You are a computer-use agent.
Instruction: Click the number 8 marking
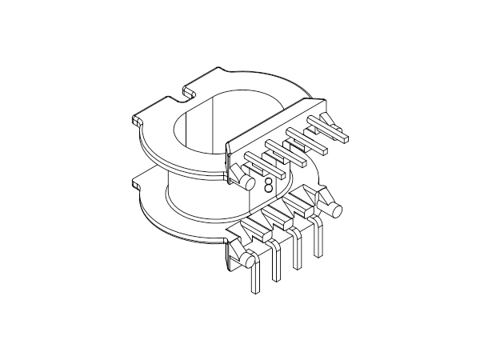coord(267,185)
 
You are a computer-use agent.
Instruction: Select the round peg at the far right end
coord(337,210)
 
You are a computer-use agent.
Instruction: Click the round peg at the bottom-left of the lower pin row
coord(250,260)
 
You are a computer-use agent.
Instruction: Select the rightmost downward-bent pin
coord(320,240)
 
